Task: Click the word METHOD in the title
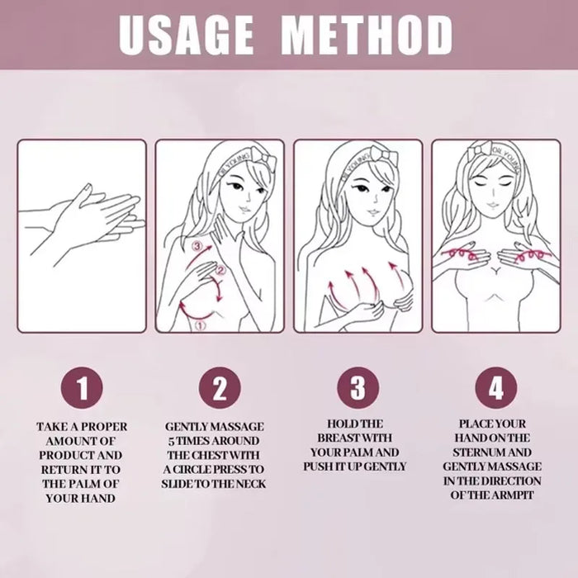coord(367,34)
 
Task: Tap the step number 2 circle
coord(219,386)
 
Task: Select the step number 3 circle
coord(358,386)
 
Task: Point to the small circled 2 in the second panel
coord(220,270)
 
